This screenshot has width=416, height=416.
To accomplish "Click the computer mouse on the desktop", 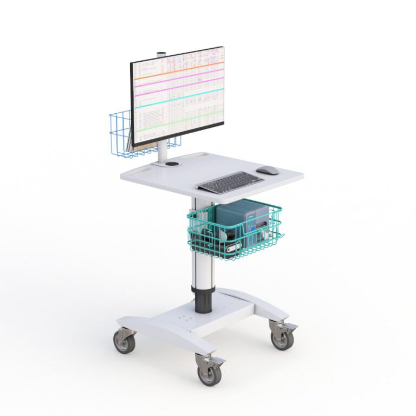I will coord(268,170).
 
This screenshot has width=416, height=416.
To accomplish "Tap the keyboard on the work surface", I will coord(230,182).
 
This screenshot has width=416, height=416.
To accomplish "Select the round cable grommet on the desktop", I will coord(172,162).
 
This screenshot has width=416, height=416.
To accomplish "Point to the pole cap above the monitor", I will coord(161,54).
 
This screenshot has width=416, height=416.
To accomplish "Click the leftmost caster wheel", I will coord(123,342).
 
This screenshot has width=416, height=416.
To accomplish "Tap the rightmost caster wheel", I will coord(282,339).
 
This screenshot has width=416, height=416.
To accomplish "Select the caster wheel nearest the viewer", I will coord(209,374).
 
